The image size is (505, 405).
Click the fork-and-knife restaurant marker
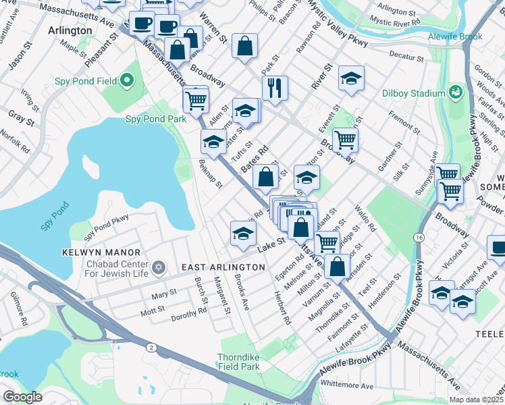[275, 87]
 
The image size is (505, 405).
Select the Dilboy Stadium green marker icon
[456, 92]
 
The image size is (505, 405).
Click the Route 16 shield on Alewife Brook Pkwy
[419, 238]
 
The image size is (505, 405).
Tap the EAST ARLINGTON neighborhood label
[223, 267]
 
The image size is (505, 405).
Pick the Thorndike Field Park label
[238, 362]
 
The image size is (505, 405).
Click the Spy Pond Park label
[156, 119]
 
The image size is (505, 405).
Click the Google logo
[23, 397]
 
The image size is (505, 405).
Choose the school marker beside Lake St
[243, 234]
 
